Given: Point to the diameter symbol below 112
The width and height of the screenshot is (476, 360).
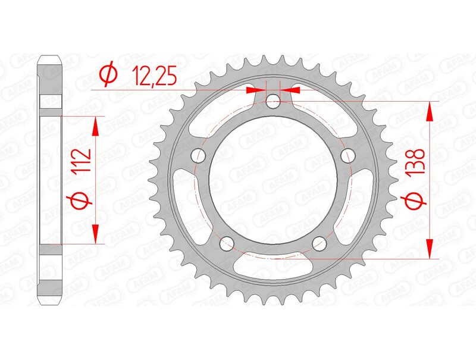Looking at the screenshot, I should (x=84, y=200).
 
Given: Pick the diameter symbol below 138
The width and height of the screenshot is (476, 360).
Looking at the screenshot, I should (x=416, y=202).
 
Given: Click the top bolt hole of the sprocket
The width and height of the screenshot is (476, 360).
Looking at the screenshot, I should (x=273, y=102).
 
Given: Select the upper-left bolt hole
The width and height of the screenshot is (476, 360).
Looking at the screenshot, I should (x=199, y=156).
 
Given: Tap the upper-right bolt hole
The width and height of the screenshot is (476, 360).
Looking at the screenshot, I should (x=347, y=156).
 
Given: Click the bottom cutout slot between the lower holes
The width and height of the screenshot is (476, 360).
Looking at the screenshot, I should (x=273, y=268).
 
